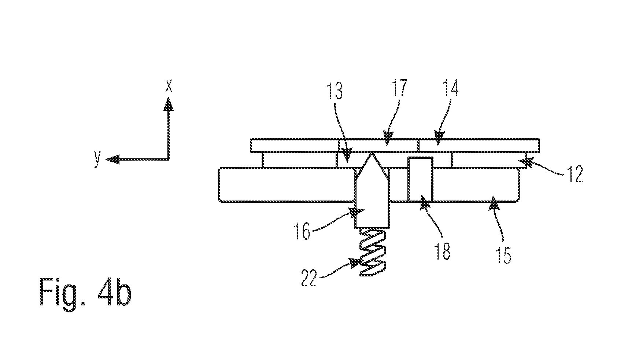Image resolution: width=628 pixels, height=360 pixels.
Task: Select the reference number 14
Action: (450, 88)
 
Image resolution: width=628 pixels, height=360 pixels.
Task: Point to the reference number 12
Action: (575, 174)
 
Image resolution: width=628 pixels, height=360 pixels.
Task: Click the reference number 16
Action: (302, 231)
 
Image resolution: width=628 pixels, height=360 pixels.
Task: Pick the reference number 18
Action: (442, 251)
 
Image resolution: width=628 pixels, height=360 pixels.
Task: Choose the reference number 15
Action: (504, 256)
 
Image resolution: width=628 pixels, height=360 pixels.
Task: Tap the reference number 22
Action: (309, 278)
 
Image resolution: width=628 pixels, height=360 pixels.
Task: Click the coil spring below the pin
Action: (373, 252)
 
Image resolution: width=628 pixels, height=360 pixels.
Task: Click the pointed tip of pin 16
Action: (372, 153)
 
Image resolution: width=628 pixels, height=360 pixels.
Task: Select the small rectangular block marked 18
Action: (420, 179)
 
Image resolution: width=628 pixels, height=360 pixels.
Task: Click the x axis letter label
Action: (169, 85)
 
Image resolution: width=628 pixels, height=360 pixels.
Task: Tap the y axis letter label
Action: (97, 159)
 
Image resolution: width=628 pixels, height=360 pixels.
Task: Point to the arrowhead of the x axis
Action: (169, 103)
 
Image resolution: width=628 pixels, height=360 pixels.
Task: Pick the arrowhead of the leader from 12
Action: (525, 162)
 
